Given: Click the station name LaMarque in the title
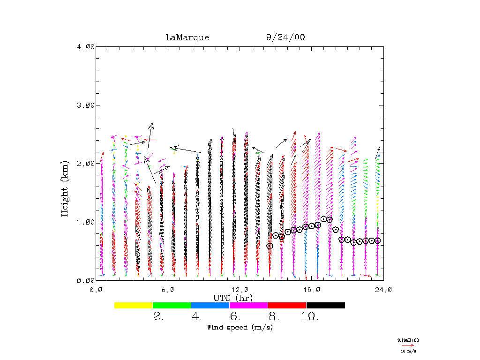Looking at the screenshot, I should point(187,37).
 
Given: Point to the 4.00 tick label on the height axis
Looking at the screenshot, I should point(85,46).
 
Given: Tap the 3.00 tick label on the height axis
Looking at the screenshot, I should point(85,105).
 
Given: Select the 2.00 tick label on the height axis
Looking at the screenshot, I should point(85,163).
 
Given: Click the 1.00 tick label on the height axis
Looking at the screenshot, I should point(85,222).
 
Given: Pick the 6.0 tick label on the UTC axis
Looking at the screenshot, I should point(168,290).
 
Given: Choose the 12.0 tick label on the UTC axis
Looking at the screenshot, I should point(240,290).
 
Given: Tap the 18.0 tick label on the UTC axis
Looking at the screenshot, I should point(311,290).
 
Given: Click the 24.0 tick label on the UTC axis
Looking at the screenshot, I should point(383,290).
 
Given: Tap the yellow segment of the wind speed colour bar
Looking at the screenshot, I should point(134,305).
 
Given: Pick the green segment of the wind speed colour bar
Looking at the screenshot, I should point(172,305).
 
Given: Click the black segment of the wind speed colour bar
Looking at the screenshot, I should point(326,305).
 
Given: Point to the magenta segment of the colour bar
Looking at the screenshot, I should point(249,305).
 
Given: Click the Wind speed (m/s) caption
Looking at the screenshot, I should point(240,327).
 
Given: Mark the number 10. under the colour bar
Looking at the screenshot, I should point(310,317).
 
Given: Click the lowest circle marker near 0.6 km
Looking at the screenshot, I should point(270,246).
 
